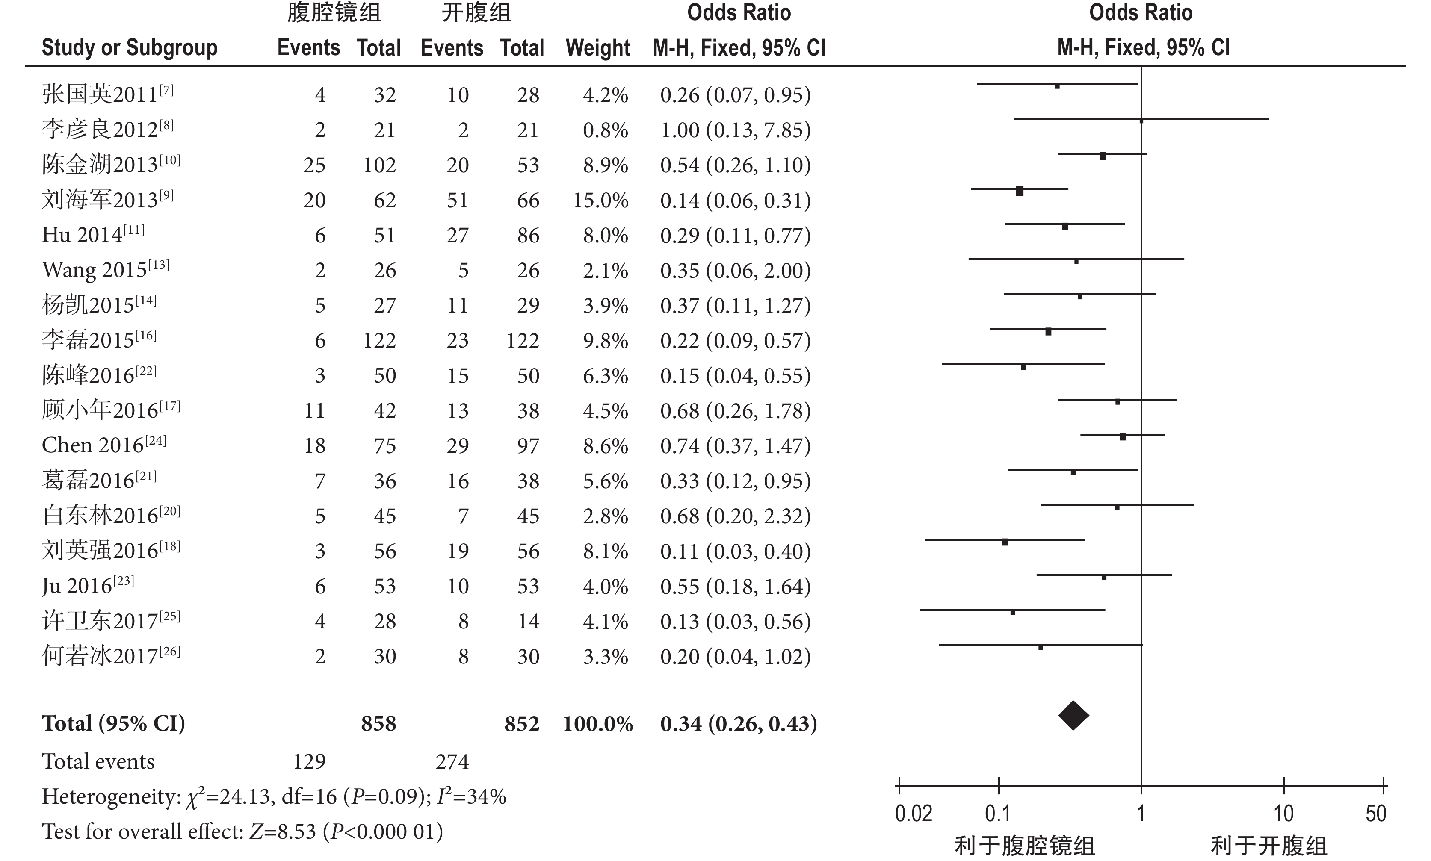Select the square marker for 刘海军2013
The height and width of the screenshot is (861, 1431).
[x=1020, y=191]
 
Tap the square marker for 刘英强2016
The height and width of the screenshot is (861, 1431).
[x=1005, y=542]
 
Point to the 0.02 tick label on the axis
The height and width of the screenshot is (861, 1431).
[x=914, y=814]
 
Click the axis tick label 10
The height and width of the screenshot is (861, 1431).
[x=1283, y=814]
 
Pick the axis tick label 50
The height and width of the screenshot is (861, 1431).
[x=1375, y=814]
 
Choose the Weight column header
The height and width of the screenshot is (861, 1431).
[x=598, y=47]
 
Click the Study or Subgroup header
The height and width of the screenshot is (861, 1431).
[x=130, y=47]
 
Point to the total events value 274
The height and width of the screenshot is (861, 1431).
[x=452, y=761]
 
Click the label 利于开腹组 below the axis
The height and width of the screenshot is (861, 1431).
[x=1268, y=846]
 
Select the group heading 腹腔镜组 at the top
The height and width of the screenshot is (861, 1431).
[x=334, y=13]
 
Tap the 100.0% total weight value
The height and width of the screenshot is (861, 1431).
[x=598, y=723]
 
